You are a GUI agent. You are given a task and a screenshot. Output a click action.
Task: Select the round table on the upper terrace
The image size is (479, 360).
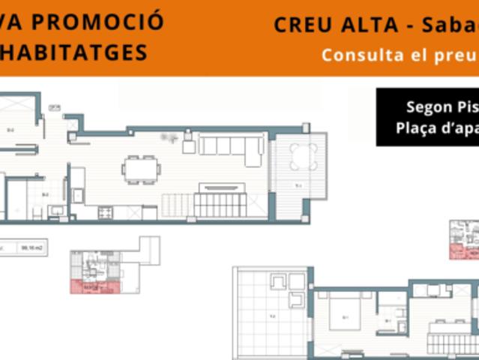(304, 157)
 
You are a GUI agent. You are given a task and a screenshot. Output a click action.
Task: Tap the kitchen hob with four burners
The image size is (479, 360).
(105, 211)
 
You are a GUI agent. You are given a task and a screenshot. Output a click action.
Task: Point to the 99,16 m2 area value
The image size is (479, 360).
(31, 247)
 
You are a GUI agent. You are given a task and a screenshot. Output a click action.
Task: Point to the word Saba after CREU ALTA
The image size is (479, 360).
(453, 25)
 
